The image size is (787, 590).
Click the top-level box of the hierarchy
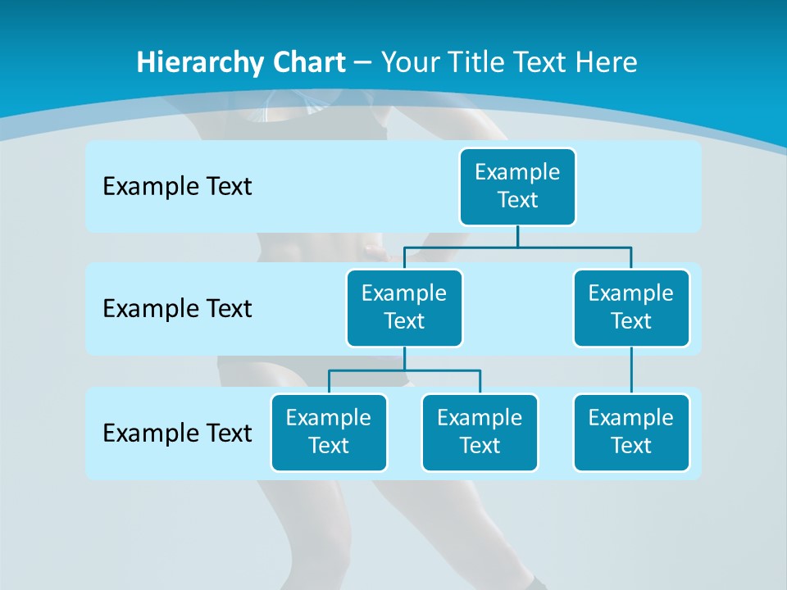(x=517, y=187)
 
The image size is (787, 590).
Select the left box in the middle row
(x=404, y=308)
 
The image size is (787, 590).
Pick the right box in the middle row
(x=631, y=308)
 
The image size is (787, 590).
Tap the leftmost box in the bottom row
(x=329, y=433)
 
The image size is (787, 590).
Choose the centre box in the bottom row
(x=480, y=433)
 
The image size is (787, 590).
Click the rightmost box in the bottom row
(x=631, y=433)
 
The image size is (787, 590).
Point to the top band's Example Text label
(x=177, y=187)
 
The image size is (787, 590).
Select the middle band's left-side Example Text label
(x=177, y=309)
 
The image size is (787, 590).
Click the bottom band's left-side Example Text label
(x=177, y=433)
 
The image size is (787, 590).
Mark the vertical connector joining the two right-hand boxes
(x=631, y=370)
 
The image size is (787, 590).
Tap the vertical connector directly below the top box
(x=517, y=236)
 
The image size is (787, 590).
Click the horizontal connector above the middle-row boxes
(x=517, y=247)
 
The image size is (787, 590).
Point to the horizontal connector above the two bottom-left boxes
(x=404, y=370)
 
